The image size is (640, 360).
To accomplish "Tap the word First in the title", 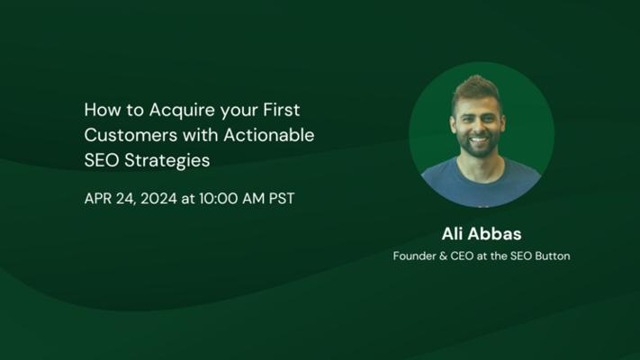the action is (x=281, y=110).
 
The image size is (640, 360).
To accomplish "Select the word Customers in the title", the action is (x=131, y=135).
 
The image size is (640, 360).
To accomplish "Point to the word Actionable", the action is (x=269, y=135).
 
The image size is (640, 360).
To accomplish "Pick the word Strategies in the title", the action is (x=167, y=161).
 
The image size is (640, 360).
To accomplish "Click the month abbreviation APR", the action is (x=97, y=199).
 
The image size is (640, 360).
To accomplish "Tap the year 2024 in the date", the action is (x=158, y=199).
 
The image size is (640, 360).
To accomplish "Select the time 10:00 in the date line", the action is (x=219, y=199).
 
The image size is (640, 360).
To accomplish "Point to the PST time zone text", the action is (x=282, y=199).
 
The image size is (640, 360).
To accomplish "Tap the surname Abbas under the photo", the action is (x=495, y=234).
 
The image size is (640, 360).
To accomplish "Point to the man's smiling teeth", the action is (x=479, y=141).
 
